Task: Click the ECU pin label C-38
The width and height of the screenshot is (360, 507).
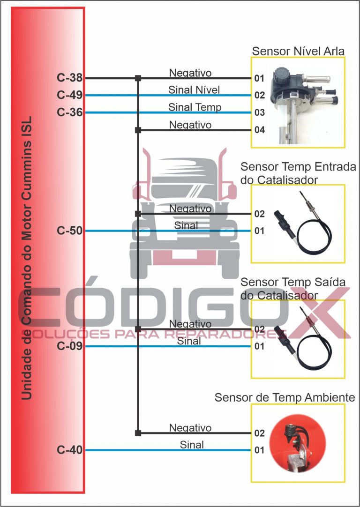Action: click(70, 78)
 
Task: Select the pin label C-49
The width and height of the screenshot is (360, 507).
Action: click(70, 96)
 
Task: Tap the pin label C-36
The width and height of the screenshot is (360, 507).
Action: click(70, 112)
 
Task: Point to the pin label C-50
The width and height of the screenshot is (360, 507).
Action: click(70, 231)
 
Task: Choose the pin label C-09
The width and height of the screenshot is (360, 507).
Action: click(70, 346)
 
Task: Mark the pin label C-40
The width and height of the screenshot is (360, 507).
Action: click(70, 450)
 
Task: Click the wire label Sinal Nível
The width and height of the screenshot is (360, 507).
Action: click(194, 89)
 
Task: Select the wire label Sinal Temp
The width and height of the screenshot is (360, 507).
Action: click(195, 107)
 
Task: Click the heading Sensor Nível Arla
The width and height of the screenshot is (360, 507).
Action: click(299, 51)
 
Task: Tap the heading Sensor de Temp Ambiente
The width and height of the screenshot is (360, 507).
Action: click(285, 397)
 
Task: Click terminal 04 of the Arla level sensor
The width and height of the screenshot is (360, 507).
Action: click(260, 130)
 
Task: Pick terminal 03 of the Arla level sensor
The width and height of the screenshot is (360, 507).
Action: click(260, 112)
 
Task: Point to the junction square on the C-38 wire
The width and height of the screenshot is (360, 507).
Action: click(138, 78)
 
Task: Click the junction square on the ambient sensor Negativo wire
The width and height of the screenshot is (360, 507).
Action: click(138, 433)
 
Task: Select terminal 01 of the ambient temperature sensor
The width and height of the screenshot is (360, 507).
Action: click(260, 450)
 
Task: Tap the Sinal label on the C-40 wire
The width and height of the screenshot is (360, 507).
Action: click(192, 445)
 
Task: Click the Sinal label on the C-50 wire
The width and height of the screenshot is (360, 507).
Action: click(186, 225)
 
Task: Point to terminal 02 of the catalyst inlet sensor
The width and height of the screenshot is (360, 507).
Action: click(260, 214)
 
